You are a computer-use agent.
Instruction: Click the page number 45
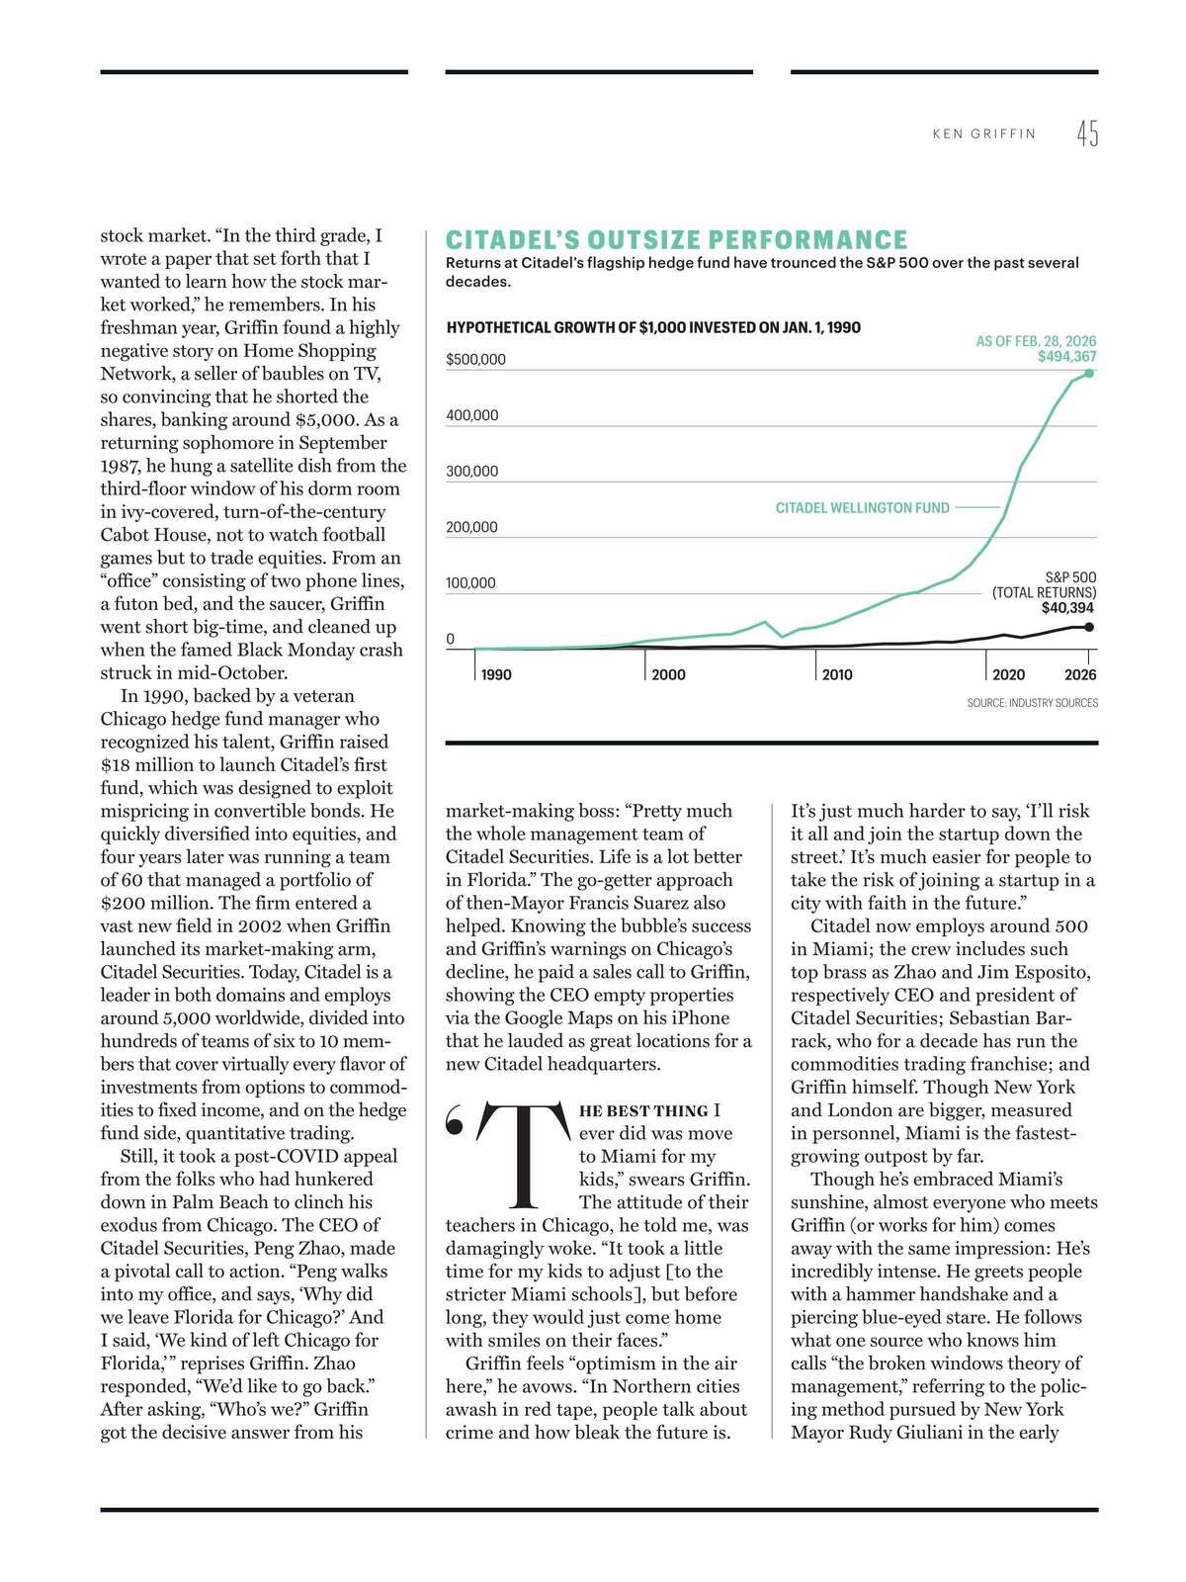(1087, 132)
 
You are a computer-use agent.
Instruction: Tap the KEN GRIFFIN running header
(984, 133)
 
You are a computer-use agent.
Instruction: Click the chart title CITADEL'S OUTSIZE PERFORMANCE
(676, 240)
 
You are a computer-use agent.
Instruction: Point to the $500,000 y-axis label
(475, 359)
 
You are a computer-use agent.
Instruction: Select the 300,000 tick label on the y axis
(472, 471)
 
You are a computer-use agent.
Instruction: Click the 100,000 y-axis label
(471, 582)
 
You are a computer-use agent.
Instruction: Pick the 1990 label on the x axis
(496, 674)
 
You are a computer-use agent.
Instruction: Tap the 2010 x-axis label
(837, 674)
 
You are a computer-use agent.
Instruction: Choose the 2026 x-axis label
(1080, 674)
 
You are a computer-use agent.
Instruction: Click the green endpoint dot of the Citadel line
(1089, 373)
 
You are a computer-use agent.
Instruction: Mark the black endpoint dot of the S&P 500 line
(1089, 627)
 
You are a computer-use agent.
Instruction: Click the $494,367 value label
(1066, 357)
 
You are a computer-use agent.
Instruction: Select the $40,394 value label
(1068, 608)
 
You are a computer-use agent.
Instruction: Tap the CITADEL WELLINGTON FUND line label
(862, 507)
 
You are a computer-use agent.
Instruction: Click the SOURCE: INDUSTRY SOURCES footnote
(1032, 703)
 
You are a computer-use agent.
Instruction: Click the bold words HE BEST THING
(643, 1111)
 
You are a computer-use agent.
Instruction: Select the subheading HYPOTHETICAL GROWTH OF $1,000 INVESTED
(653, 327)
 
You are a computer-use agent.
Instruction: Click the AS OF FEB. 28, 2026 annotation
(1036, 341)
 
